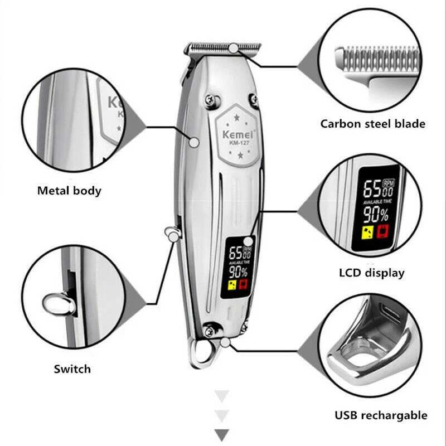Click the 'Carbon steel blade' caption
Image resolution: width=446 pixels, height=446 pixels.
point(372,123)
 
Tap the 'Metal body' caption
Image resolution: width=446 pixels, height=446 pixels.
point(69,191)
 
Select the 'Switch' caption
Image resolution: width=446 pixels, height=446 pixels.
point(72,369)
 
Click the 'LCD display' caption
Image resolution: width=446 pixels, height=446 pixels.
point(371,273)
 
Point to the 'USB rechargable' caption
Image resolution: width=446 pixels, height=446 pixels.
point(381,415)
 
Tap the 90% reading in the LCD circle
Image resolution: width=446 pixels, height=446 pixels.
point(377,214)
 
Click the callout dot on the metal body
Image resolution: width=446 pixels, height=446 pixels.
point(194,142)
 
